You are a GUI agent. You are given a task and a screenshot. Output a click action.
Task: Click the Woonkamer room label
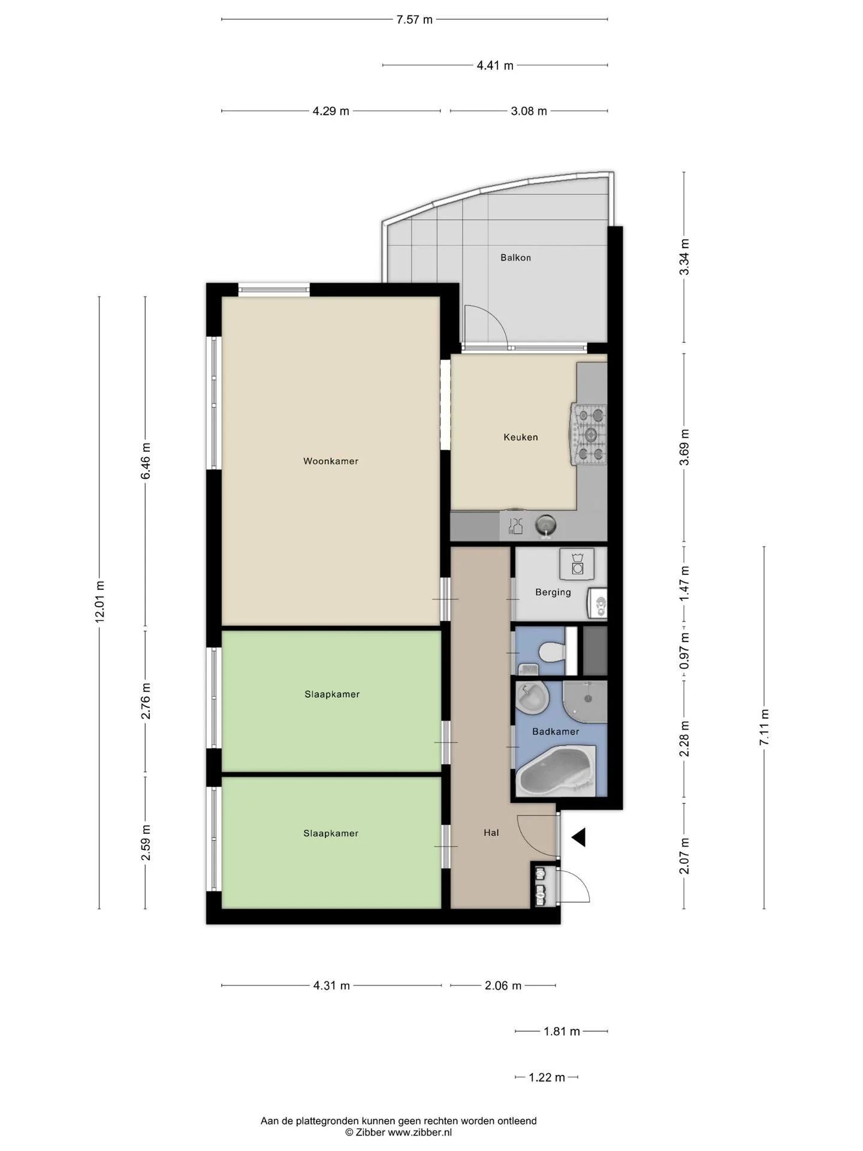tap(331, 461)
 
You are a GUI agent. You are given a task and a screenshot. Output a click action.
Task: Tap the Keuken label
tap(521, 437)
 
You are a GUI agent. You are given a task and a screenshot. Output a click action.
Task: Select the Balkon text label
tap(516, 258)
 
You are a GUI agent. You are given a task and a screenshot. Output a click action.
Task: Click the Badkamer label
tap(556, 731)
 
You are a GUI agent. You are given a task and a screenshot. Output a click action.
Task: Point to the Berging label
tap(553, 592)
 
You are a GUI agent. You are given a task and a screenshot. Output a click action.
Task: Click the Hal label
tap(491, 833)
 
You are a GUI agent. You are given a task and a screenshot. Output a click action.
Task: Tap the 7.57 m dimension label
tap(414, 20)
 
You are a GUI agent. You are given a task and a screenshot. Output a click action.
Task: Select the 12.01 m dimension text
tap(99, 602)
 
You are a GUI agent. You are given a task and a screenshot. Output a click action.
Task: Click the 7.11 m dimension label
tap(764, 727)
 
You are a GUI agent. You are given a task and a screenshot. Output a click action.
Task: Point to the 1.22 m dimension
tap(547, 1077)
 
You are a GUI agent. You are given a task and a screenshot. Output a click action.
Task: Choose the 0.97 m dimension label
tap(684, 651)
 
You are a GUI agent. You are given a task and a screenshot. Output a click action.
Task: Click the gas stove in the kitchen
tap(588, 435)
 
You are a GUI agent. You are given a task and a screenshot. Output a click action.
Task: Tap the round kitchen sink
tap(545, 526)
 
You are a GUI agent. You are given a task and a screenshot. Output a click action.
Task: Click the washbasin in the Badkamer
tap(533, 698)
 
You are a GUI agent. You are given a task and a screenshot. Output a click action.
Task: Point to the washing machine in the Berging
tap(577, 564)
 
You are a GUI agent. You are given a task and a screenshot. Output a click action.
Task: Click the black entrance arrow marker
tap(578, 837)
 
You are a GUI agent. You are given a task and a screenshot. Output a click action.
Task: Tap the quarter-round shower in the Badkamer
tap(586, 702)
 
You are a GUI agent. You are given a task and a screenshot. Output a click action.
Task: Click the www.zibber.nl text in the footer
tap(420, 1132)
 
